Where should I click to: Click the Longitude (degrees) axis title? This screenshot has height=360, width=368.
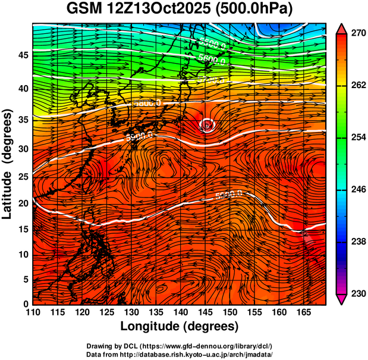click(179, 327)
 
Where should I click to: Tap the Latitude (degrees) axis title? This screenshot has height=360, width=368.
click(8, 164)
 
